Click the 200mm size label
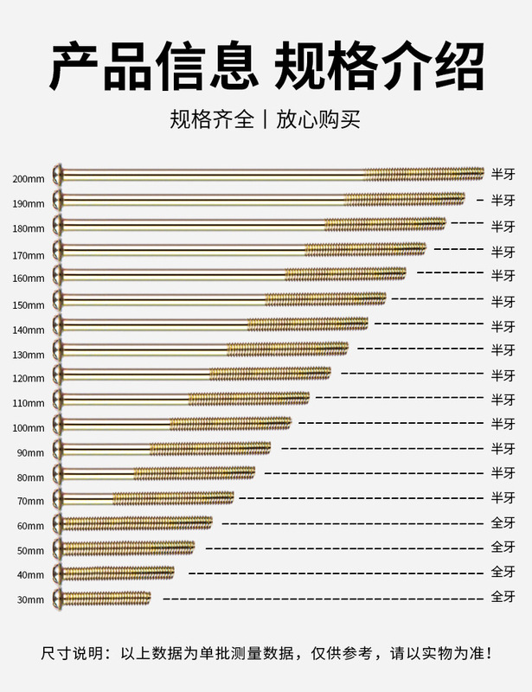click(x=29, y=179)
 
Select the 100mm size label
click(x=29, y=428)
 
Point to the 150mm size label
click(x=29, y=305)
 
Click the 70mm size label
click(x=29, y=502)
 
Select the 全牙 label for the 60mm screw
click(x=503, y=523)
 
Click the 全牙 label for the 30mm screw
click(x=503, y=597)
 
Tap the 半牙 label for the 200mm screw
click(x=503, y=174)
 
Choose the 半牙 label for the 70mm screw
click(x=503, y=498)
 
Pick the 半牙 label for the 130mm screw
click(x=503, y=349)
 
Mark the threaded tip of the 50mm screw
click(x=189, y=548)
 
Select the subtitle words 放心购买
click(x=317, y=119)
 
